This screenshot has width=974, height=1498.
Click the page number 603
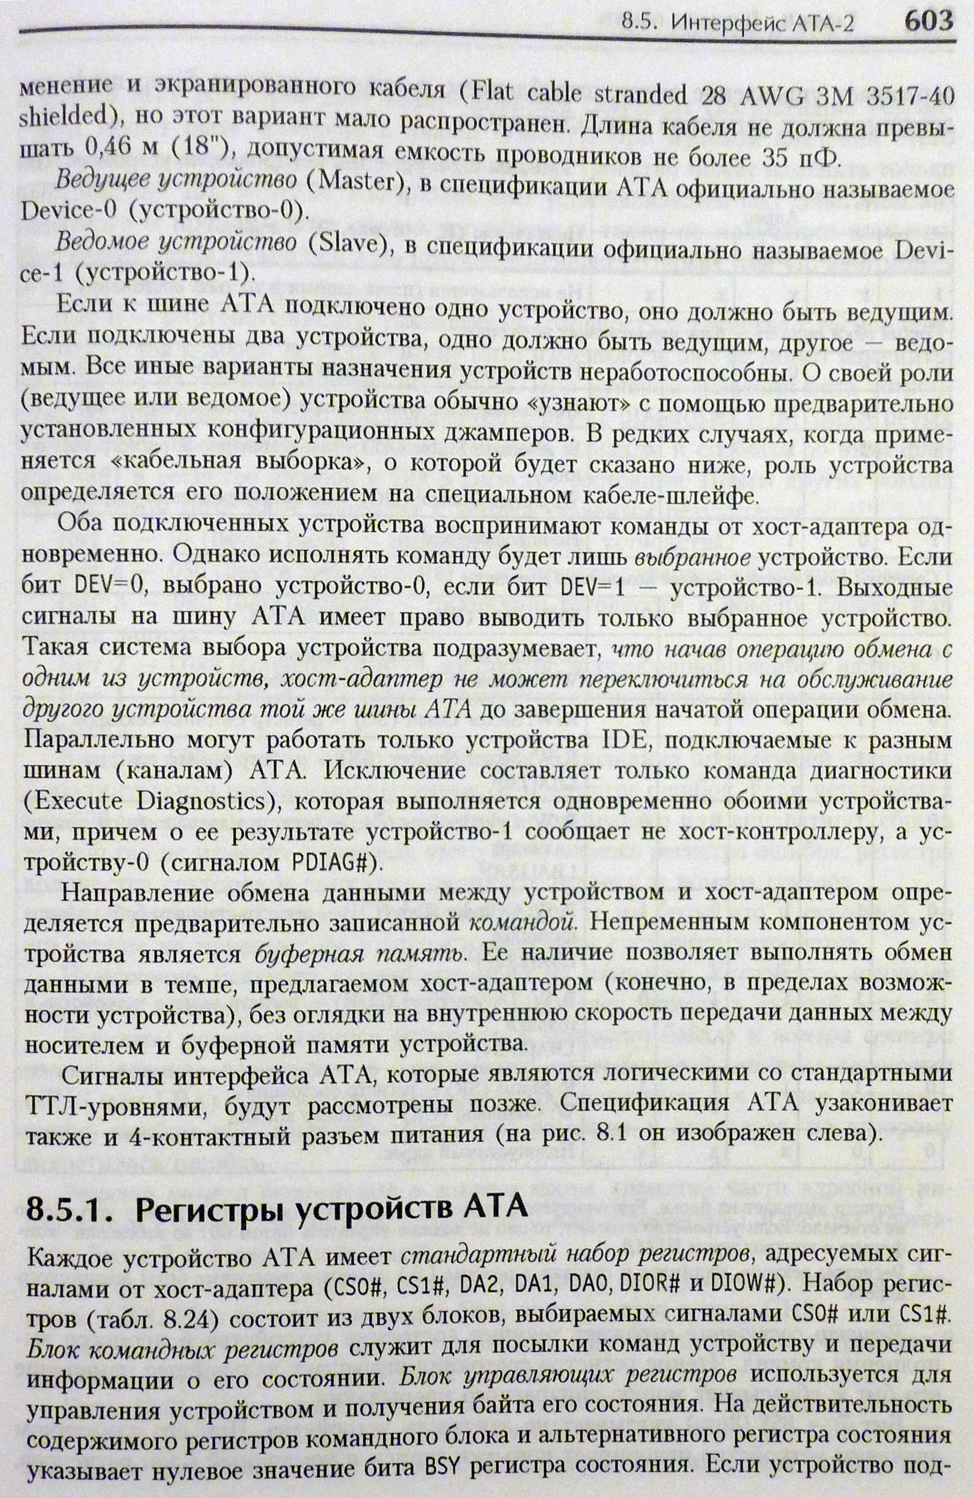(928, 21)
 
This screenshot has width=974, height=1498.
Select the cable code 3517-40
(907, 95)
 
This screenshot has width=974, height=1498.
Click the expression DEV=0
(110, 588)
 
